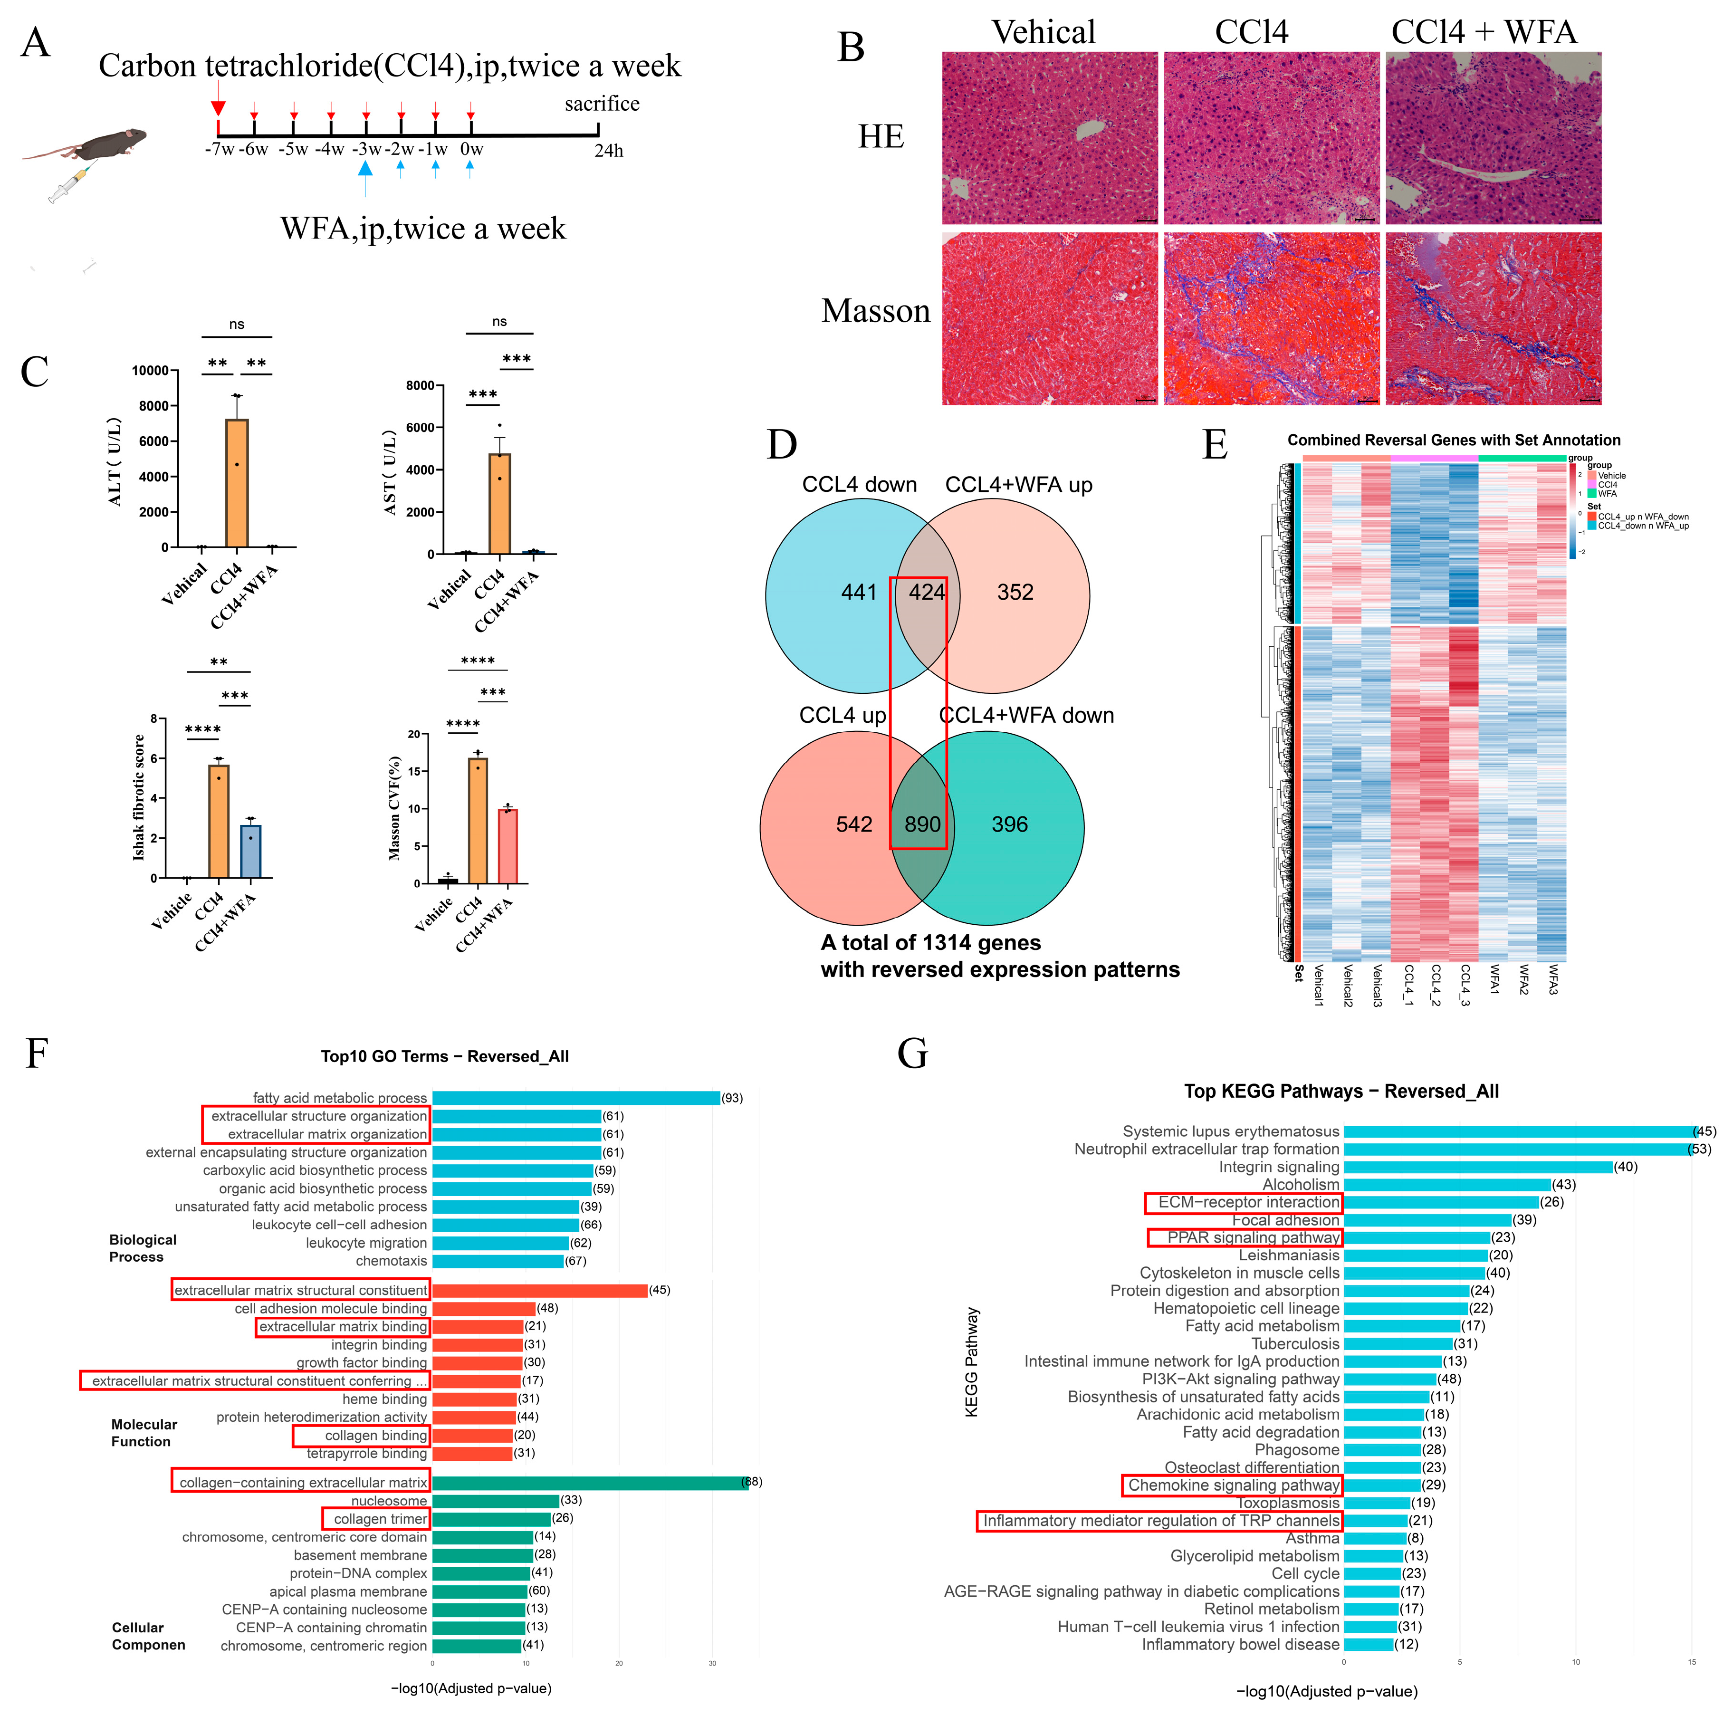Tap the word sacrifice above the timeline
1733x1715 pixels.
(x=602, y=104)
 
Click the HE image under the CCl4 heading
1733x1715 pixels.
(x=1271, y=138)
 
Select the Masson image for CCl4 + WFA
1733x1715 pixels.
(x=1493, y=318)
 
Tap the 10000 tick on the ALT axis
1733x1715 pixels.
(x=150, y=371)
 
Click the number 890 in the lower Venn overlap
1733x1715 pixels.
(x=922, y=824)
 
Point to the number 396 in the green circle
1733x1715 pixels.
(x=1009, y=824)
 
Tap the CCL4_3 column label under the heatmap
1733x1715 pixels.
(x=1465, y=985)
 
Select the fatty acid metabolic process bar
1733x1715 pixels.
(x=576, y=1098)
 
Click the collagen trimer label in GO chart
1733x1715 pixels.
(x=380, y=1519)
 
